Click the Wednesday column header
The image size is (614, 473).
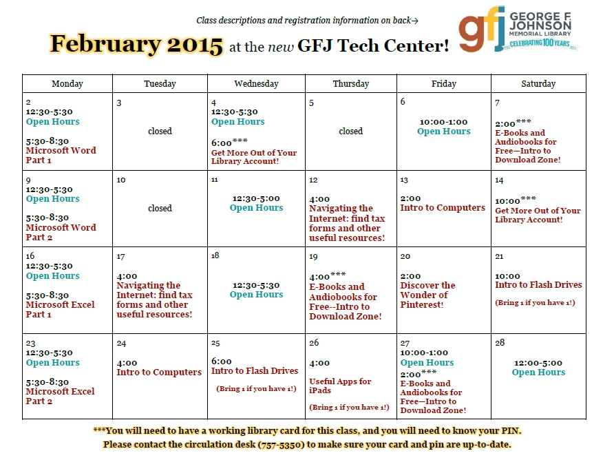point(256,83)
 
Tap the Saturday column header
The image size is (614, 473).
point(538,83)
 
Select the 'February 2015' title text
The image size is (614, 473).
point(136,44)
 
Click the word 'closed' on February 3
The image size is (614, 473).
point(160,132)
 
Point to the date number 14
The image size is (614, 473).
point(499,180)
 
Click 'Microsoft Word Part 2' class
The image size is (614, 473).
point(61,232)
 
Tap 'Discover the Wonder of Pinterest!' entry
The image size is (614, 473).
point(427,295)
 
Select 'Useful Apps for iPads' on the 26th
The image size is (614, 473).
point(340,386)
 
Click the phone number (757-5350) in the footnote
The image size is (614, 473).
point(281,445)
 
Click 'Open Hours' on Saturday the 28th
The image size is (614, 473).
point(538,372)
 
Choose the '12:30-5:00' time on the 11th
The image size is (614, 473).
point(256,198)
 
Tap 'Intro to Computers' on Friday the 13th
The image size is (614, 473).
point(443,208)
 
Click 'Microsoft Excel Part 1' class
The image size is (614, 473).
point(61,309)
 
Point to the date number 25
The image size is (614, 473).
point(215,343)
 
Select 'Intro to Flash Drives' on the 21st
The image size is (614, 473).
point(538,284)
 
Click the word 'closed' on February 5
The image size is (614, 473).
point(351,132)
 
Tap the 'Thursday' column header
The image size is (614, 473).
point(351,83)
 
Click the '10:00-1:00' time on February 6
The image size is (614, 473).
point(444,122)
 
